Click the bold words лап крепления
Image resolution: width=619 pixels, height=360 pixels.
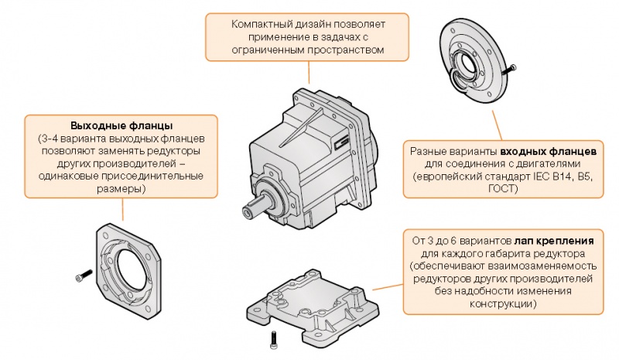(545, 239)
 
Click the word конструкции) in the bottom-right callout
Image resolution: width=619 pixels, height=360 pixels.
(504, 305)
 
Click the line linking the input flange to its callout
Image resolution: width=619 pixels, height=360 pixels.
(494, 124)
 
